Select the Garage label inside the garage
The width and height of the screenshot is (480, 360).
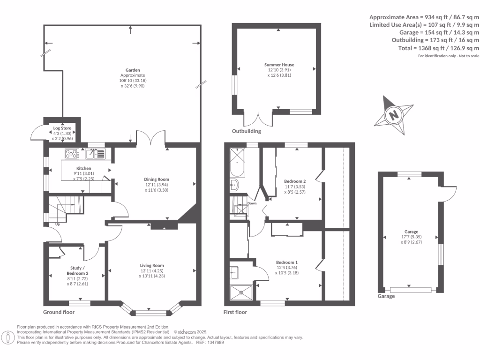tap(411, 232)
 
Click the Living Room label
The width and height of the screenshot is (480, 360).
tap(151, 265)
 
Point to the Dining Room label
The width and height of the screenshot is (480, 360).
tap(157, 179)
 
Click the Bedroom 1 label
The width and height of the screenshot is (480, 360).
tap(286, 262)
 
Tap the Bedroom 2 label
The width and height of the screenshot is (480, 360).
tap(295, 181)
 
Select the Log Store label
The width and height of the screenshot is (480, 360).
tap(62, 128)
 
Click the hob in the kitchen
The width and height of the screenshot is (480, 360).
tap(72, 153)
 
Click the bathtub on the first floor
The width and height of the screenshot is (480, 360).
tap(238, 162)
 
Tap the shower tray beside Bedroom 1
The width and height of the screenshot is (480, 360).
tap(241, 292)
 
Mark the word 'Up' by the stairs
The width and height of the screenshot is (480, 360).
tap(58, 224)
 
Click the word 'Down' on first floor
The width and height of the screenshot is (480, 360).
tap(252, 203)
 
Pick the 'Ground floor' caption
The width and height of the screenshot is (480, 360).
tap(59, 312)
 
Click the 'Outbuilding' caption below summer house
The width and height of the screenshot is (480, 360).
tap(247, 131)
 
